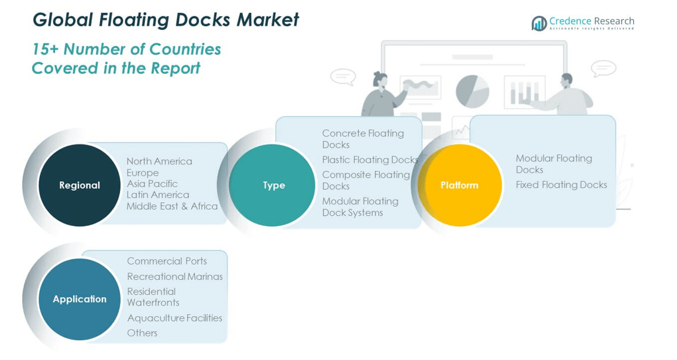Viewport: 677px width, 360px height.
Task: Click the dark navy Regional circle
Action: click(x=80, y=185)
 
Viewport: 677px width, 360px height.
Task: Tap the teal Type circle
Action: click(x=273, y=185)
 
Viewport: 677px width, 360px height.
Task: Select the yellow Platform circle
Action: click(x=460, y=185)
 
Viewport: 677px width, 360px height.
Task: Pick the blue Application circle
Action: click(x=80, y=299)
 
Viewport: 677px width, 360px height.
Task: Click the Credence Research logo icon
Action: click(x=539, y=23)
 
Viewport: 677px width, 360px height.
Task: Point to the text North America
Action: click(x=159, y=161)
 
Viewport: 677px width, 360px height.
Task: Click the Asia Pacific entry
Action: click(x=152, y=183)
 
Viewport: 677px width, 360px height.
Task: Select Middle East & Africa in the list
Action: click(x=172, y=206)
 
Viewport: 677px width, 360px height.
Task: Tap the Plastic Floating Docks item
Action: click(x=370, y=160)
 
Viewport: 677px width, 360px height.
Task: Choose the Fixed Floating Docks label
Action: click(x=561, y=185)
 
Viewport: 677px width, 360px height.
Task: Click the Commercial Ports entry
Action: click(x=167, y=261)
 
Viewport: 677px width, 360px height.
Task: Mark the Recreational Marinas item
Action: click(x=175, y=276)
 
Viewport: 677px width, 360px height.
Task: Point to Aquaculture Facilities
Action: click(x=174, y=318)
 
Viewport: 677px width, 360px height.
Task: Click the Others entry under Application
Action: click(x=142, y=332)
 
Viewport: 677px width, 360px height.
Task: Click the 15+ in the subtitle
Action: click(x=45, y=49)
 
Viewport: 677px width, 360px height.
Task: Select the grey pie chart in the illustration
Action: click(x=472, y=91)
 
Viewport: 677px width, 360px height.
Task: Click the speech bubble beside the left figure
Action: click(x=343, y=77)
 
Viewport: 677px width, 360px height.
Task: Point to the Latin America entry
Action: click(x=158, y=195)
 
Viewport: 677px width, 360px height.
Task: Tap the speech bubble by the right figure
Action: click(x=603, y=68)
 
